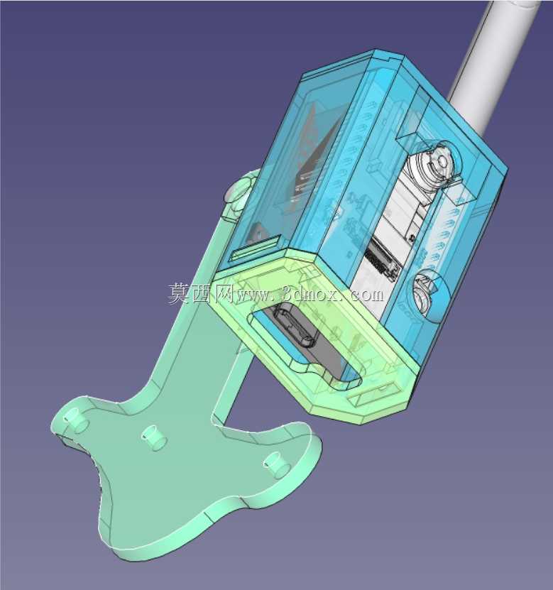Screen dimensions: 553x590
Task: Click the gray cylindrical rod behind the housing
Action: click(489, 64)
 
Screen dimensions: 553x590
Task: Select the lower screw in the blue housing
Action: click(426, 290)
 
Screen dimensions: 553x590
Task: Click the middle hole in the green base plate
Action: click(153, 437)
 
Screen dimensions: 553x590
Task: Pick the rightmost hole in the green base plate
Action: click(277, 464)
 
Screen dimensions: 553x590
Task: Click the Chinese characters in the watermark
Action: click(200, 293)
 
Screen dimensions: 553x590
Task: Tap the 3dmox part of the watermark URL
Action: click(310, 293)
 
